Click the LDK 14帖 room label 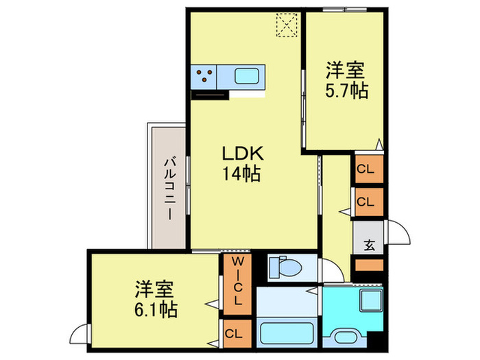(x=243, y=163)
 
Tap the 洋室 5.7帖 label (x=346, y=80)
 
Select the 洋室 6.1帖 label (x=156, y=299)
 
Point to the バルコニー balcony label (x=170, y=189)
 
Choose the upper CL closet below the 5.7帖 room (x=369, y=169)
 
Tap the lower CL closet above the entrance (x=369, y=202)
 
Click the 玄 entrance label (x=369, y=245)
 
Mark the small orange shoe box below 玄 (x=369, y=265)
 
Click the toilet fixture (x=285, y=267)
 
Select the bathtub (x=287, y=333)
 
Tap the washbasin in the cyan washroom (x=345, y=337)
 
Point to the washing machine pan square (x=370, y=300)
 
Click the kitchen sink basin (x=247, y=76)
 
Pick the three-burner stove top (x=204, y=77)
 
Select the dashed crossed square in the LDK (x=287, y=25)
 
